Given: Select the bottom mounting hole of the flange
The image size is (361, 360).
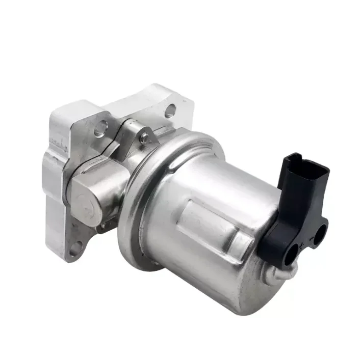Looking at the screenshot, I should [75, 248].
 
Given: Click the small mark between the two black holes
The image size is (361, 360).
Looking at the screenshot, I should [306, 245].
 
